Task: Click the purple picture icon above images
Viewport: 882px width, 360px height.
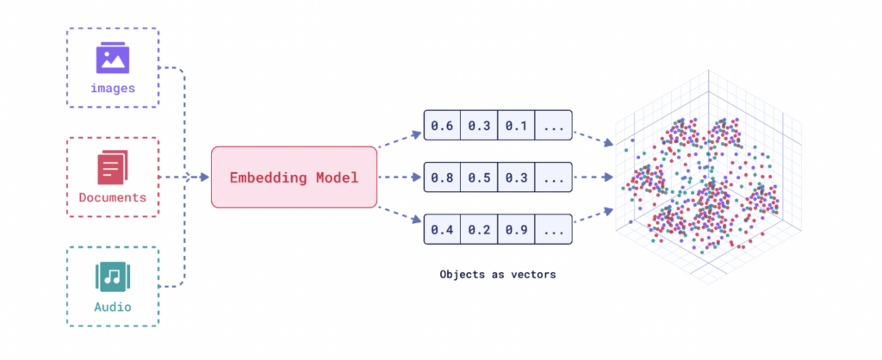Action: click(x=113, y=59)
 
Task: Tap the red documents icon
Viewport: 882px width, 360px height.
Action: click(x=113, y=167)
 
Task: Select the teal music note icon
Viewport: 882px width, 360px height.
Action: click(x=113, y=276)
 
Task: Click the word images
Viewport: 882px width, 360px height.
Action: click(x=113, y=89)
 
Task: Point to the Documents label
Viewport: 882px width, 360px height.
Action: click(x=113, y=198)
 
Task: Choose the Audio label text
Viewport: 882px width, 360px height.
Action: click(x=113, y=307)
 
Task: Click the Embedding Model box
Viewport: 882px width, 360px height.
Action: click(x=294, y=177)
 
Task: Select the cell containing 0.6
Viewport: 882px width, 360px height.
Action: click(x=442, y=125)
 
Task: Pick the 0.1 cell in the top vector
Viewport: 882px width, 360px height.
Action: click(x=517, y=125)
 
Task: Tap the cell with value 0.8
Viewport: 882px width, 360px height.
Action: click(x=442, y=177)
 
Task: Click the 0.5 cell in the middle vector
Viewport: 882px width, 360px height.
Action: click(x=479, y=177)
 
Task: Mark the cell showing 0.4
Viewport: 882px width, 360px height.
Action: click(x=442, y=229)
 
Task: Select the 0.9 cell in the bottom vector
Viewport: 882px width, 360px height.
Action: click(x=517, y=229)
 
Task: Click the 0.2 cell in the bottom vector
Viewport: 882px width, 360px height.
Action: click(x=479, y=229)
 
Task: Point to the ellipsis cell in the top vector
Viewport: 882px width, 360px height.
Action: click(x=554, y=125)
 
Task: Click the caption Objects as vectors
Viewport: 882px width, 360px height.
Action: click(x=498, y=275)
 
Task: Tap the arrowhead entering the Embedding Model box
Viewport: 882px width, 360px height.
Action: click(x=203, y=177)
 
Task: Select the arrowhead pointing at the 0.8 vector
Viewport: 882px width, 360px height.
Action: click(x=416, y=177)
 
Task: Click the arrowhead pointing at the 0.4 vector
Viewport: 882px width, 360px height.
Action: click(x=416, y=220)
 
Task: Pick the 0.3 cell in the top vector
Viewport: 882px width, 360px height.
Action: click(x=479, y=125)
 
